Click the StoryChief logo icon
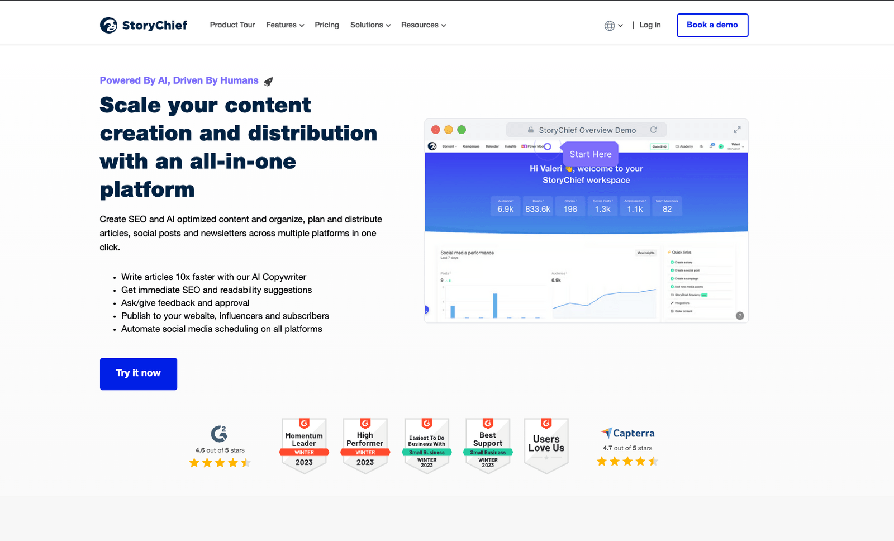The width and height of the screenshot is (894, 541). pos(108,25)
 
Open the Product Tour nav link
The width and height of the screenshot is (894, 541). pos(232,25)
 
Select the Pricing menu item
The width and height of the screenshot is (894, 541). pos(327,25)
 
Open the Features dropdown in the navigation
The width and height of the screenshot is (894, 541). pos(285,25)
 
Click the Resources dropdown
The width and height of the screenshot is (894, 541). pos(424,25)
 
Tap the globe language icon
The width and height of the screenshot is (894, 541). pos(610,26)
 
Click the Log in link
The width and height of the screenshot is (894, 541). pos(650,25)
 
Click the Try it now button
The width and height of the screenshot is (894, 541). pos(139,373)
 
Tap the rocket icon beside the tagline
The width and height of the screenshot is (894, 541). pos(269,82)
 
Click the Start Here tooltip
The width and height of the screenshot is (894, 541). pos(591,154)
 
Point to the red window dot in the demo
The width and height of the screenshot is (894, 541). pos(436,130)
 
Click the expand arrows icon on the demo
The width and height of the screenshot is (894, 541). pos(737,130)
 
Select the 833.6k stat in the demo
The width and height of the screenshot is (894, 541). pos(538,209)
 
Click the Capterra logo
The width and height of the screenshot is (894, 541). pos(628,433)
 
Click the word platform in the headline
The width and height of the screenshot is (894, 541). pos(148,190)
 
